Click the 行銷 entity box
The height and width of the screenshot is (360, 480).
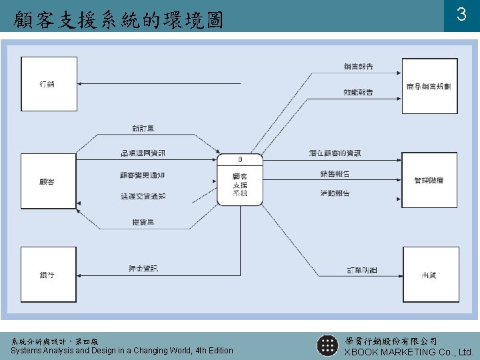(49, 84)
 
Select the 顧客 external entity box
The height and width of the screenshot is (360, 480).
(49, 181)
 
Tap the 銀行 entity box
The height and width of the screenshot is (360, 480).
(49, 274)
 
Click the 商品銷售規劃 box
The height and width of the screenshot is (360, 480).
(429, 86)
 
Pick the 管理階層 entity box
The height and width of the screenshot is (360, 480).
(429, 180)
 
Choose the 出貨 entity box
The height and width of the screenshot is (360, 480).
(430, 274)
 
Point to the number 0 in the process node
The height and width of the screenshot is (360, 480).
(240, 160)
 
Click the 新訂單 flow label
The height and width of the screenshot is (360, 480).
(143, 128)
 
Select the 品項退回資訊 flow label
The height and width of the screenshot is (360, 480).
(143, 153)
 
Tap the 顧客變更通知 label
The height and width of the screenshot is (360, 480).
(143, 175)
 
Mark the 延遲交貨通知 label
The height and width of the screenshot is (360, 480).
(143, 197)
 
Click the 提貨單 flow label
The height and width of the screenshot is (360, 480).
(143, 221)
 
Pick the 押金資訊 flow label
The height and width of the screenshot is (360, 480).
(143, 269)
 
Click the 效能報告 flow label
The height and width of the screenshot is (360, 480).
(358, 92)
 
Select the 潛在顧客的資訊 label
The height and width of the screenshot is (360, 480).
(335, 153)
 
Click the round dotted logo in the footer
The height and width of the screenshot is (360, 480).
(327, 345)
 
